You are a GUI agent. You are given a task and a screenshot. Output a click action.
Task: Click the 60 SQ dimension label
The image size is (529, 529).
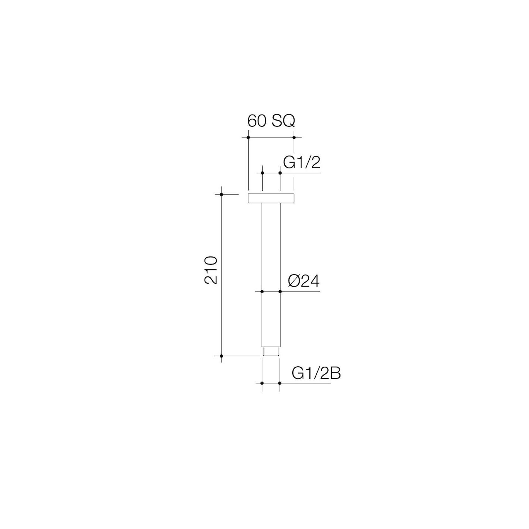[x=271, y=121]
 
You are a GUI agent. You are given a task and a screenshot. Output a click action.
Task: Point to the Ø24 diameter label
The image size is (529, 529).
[x=304, y=281]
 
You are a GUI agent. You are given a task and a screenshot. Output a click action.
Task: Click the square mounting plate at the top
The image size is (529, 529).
[x=271, y=198]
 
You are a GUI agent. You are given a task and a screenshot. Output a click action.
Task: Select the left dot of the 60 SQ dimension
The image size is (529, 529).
[x=248, y=137]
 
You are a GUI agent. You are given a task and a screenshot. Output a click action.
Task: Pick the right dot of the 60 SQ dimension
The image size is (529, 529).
[x=294, y=137]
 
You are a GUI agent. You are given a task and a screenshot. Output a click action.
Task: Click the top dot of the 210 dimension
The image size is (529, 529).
[x=222, y=194]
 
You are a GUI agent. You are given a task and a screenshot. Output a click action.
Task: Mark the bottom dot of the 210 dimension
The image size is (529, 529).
[x=222, y=356]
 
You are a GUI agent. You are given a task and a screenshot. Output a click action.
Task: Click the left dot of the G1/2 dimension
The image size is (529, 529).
[x=262, y=173]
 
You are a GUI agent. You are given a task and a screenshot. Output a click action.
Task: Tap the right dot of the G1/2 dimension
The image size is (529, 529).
[x=280, y=173]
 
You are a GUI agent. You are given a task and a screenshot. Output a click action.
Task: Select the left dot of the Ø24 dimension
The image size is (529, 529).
[x=262, y=292]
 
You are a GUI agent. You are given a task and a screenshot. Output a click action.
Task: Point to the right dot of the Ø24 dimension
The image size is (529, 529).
[x=280, y=292]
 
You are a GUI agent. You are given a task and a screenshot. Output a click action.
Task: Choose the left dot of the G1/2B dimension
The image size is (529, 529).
[x=262, y=383]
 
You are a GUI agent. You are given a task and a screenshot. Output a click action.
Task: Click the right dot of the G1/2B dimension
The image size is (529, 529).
[x=280, y=383]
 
